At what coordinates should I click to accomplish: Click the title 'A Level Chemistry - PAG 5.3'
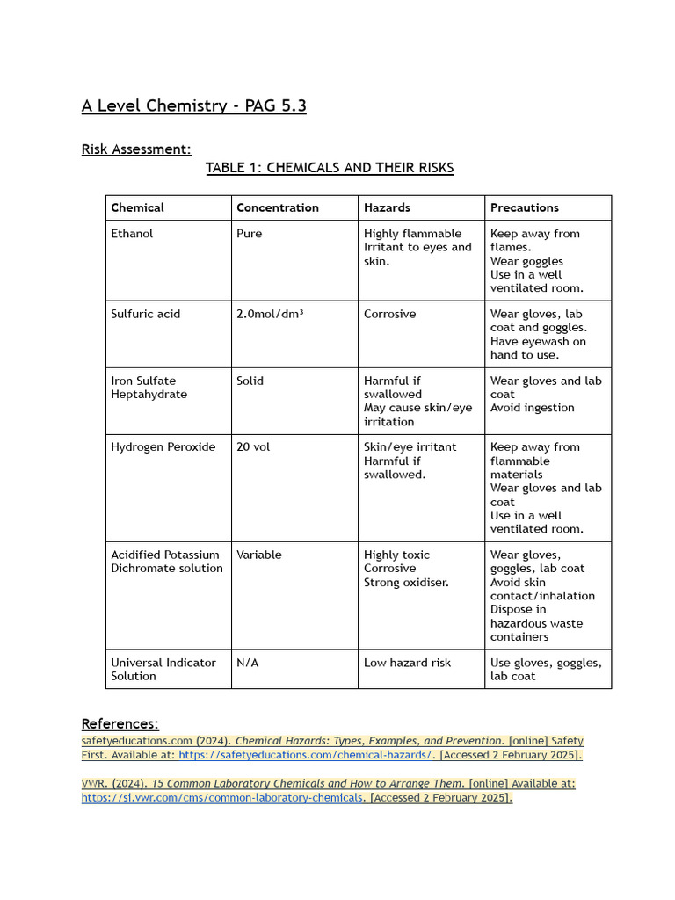(x=193, y=106)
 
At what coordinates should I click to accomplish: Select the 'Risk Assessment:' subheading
(x=136, y=149)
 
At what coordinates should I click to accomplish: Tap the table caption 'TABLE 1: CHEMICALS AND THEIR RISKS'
(x=330, y=168)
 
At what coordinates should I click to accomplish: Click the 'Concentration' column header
(x=277, y=208)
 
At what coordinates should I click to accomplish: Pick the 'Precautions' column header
(x=524, y=208)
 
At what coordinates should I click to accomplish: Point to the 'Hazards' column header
(x=387, y=208)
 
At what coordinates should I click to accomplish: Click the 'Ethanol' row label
(x=132, y=234)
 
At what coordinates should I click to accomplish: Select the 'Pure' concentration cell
(x=249, y=234)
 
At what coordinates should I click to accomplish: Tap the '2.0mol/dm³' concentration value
(x=270, y=314)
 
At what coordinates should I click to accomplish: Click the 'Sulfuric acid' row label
(x=145, y=314)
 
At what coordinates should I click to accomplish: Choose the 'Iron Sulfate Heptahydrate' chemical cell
(x=149, y=388)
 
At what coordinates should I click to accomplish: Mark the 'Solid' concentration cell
(x=250, y=381)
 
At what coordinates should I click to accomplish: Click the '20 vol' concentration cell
(x=253, y=447)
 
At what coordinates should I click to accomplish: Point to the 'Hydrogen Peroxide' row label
(x=163, y=447)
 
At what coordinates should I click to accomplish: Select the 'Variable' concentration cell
(x=258, y=555)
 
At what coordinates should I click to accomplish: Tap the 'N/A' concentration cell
(x=247, y=663)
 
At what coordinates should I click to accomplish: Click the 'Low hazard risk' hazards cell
(x=407, y=663)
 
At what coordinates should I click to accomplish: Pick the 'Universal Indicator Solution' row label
(x=163, y=670)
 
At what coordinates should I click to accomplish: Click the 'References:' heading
(x=120, y=724)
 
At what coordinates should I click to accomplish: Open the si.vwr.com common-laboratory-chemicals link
(x=222, y=798)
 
